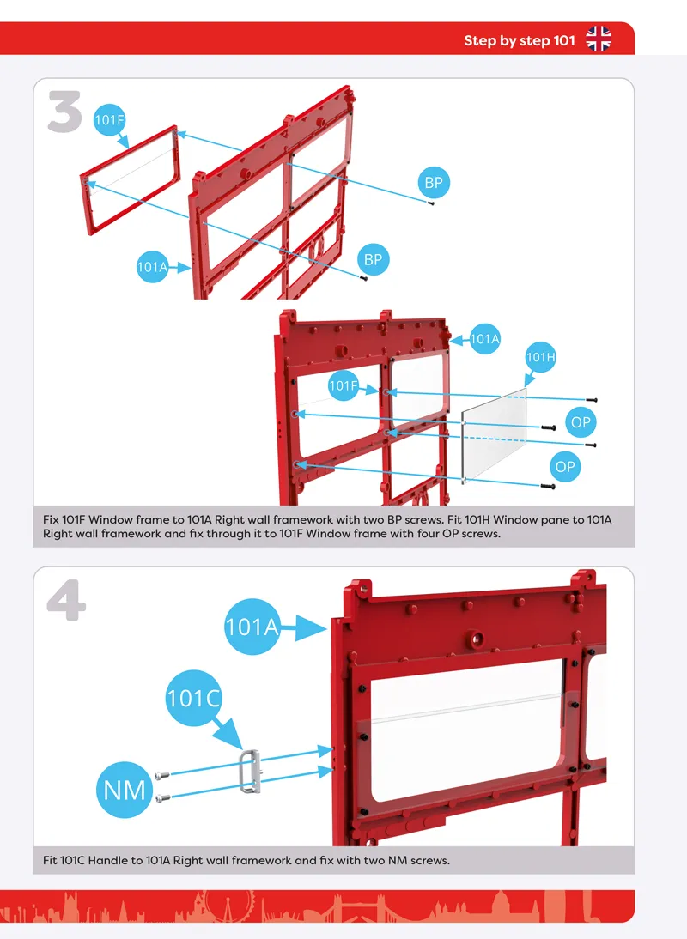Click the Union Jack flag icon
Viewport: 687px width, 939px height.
click(x=599, y=39)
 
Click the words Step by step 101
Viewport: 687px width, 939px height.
click(x=520, y=40)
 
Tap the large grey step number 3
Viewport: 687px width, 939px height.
click(x=64, y=112)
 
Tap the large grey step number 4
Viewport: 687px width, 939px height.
click(x=66, y=599)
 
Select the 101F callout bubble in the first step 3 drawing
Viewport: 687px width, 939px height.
click(x=110, y=120)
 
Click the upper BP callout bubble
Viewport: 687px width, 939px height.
click(x=433, y=183)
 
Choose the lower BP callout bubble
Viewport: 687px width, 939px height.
click(x=373, y=259)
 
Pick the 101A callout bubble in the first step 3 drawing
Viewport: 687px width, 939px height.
click(x=153, y=267)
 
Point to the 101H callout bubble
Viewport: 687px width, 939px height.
click(x=540, y=358)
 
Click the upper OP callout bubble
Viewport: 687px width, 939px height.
click(x=581, y=421)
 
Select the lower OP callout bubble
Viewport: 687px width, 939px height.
click(x=565, y=467)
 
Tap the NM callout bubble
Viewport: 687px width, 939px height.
click(x=125, y=790)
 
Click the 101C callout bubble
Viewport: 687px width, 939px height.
click(x=193, y=699)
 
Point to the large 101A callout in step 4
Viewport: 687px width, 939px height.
click(x=252, y=627)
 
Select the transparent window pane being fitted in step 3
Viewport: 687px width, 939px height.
click(x=494, y=435)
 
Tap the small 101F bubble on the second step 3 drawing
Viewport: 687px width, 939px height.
click(x=343, y=385)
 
